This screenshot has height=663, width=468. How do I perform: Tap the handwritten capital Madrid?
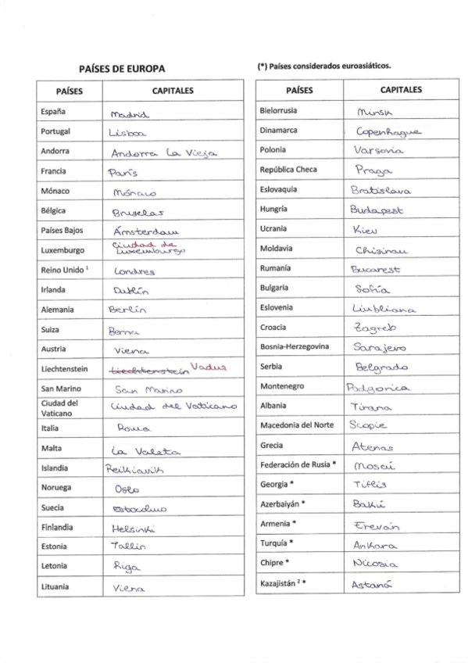pos(130,114)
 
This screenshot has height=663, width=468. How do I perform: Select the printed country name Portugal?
pos(55,131)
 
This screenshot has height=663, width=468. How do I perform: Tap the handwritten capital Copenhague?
pos(388,131)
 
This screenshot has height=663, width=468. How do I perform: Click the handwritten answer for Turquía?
pos(376,544)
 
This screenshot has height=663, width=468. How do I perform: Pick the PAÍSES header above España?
pos(70,91)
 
